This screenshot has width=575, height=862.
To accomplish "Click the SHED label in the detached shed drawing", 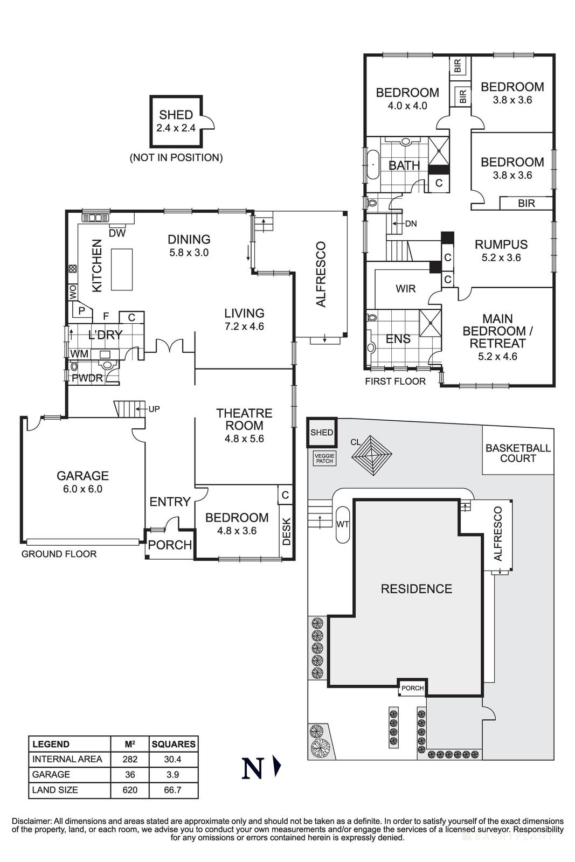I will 176,115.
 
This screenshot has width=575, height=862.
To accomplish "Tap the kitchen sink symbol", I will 95,218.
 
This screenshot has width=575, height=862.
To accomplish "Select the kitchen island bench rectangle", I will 122,269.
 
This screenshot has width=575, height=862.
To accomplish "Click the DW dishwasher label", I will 117,233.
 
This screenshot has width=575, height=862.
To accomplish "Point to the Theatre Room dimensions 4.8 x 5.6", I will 244,439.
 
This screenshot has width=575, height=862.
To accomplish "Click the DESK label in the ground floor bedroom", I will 287,531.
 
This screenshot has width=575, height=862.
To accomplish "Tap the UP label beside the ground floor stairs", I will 154,409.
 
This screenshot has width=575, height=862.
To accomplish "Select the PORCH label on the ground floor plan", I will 170,545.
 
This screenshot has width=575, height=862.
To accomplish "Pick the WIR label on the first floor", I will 405,289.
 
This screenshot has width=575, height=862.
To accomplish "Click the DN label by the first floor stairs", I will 411,224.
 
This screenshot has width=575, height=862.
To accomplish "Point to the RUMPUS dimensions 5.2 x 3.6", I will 501,258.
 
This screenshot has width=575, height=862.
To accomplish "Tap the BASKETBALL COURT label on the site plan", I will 518,453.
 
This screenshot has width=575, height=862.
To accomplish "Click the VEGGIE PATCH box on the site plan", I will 324,458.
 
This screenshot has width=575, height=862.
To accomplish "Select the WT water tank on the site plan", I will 342,524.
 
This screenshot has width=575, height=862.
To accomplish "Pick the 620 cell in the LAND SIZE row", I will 130,790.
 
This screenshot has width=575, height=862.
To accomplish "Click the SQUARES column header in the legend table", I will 174,744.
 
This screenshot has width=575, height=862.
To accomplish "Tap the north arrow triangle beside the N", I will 277,767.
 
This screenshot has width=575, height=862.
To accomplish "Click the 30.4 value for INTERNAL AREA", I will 174,759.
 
